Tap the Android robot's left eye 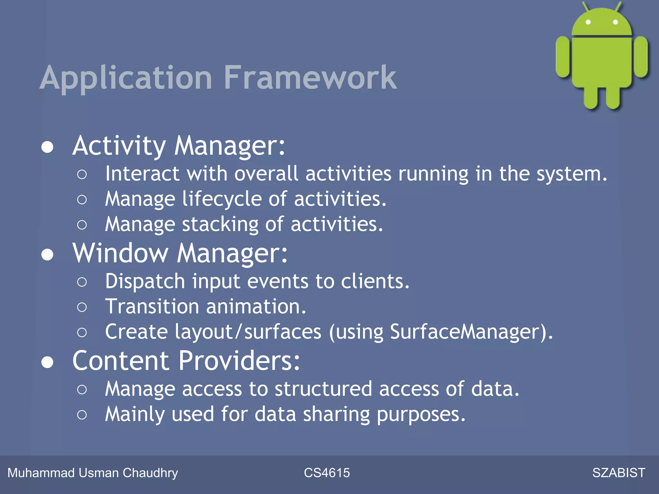pyautogui.click(x=588, y=22)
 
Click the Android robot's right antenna pyautogui.click(x=618, y=6)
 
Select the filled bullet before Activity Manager pyautogui.click(x=48, y=147)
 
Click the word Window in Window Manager pyautogui.click(x=120, y=253)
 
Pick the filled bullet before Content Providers pyautogui.click(x=48, y=362)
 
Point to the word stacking pyautogui.click(x=220, y=224)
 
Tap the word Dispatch pyautogui.click(x=145, y=281)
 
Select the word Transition pyautogui.click(x=152, y=306)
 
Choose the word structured pyautogui.click(x=323, y=389)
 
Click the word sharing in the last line pyautogui.click(x=336, y=414)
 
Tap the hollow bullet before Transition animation pyautogui.click(x=82, y=307)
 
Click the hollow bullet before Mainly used pyautogui.click(x=82, y=415)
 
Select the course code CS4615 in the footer pyautogui.click(x=327, y=473)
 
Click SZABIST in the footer pyautogui.click(x=618, y=473)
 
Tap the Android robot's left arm pyautogui.click(x=562, y=57)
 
